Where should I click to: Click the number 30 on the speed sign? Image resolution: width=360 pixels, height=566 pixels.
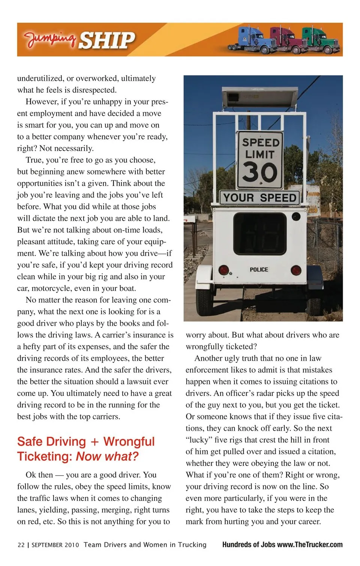(259, 173)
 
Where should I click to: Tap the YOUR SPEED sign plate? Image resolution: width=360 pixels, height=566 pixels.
(259, 197)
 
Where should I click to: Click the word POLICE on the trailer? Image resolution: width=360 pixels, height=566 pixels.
(259, 269)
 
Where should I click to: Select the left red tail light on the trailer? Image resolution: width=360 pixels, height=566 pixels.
(224, 270)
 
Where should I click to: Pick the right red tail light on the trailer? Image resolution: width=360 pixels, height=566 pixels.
(296, 270)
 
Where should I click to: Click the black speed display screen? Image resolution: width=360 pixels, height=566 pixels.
(259, 234)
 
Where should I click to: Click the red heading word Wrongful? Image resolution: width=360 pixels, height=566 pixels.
(129, 441)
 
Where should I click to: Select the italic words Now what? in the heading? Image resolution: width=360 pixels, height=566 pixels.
(107, 456)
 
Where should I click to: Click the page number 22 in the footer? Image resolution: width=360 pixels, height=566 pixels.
(21, 545)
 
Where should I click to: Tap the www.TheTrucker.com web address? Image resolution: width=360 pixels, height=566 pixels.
(310, 545)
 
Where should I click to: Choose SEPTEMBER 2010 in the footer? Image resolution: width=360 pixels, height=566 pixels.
(55, 545)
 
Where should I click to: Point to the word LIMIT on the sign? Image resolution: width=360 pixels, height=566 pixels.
(259, 154)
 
